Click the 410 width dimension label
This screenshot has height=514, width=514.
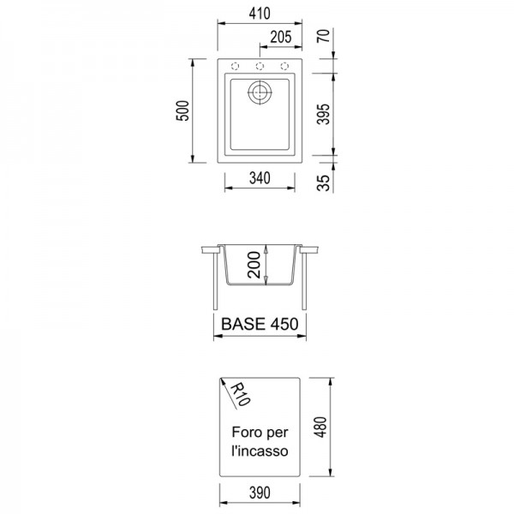tap(260, 14)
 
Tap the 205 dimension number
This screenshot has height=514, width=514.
tap(281, 37)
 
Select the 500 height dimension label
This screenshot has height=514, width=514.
tap(183, 111)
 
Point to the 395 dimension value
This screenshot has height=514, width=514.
tap(324, 114)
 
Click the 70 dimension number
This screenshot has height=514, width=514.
tap(324, 36)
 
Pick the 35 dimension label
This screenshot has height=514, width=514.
tap(324, 183)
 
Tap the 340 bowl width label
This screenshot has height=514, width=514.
tap(260, 178)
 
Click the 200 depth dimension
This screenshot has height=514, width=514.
tap(254, 265)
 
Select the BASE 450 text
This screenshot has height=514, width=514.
tap(260, 324)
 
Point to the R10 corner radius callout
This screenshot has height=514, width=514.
tap(240, 394)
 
